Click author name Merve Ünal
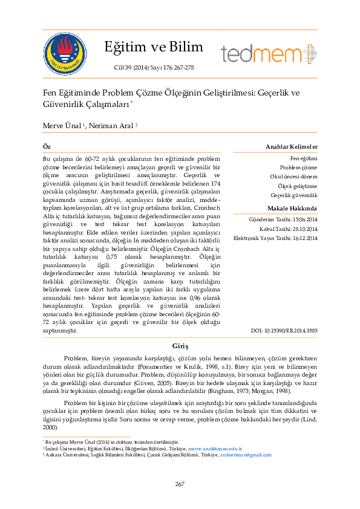click(61, 125)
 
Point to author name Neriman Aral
click(113, 125)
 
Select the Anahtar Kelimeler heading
click(292, 147)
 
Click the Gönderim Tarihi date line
click(283, 219)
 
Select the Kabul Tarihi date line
click(288, 229)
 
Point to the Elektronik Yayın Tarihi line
click(275, 238)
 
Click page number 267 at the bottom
click(180, 484)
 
